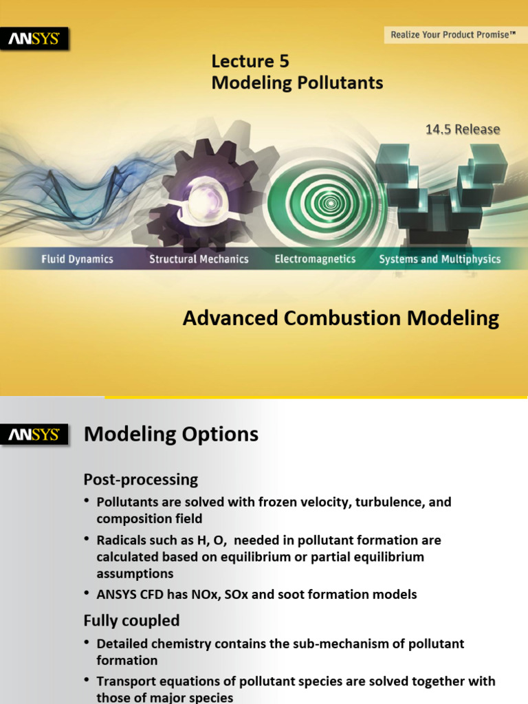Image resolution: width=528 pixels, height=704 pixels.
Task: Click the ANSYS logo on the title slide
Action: point(38,39)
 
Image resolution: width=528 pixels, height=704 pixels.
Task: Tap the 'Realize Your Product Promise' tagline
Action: point(452,34)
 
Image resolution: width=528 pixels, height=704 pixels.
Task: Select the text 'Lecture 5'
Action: point(250,62)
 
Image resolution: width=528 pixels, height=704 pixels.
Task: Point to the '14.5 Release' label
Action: point(463,129)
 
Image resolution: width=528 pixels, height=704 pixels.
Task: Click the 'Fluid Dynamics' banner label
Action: point(76,259)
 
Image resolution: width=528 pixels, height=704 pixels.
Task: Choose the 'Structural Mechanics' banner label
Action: point(199,259)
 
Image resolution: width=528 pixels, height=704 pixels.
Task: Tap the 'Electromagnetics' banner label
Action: point(315,259)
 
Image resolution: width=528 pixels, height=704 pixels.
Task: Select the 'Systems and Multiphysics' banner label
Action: point(440,259)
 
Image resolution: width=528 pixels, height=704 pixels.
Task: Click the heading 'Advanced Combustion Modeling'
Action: point(340,318)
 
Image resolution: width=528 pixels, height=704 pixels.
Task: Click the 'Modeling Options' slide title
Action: point(170,434)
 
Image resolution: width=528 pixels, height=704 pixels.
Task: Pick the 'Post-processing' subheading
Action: point(140,479)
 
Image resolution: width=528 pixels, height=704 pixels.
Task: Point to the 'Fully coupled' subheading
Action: point(131,621)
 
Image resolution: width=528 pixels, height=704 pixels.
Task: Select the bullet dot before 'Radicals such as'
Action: point(87,540)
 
